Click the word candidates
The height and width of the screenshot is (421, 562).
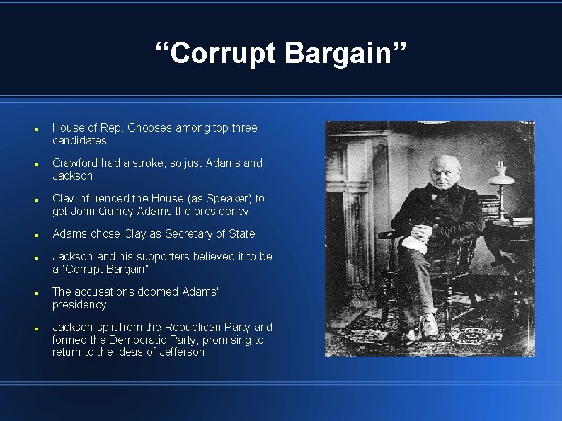pos(79,141)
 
